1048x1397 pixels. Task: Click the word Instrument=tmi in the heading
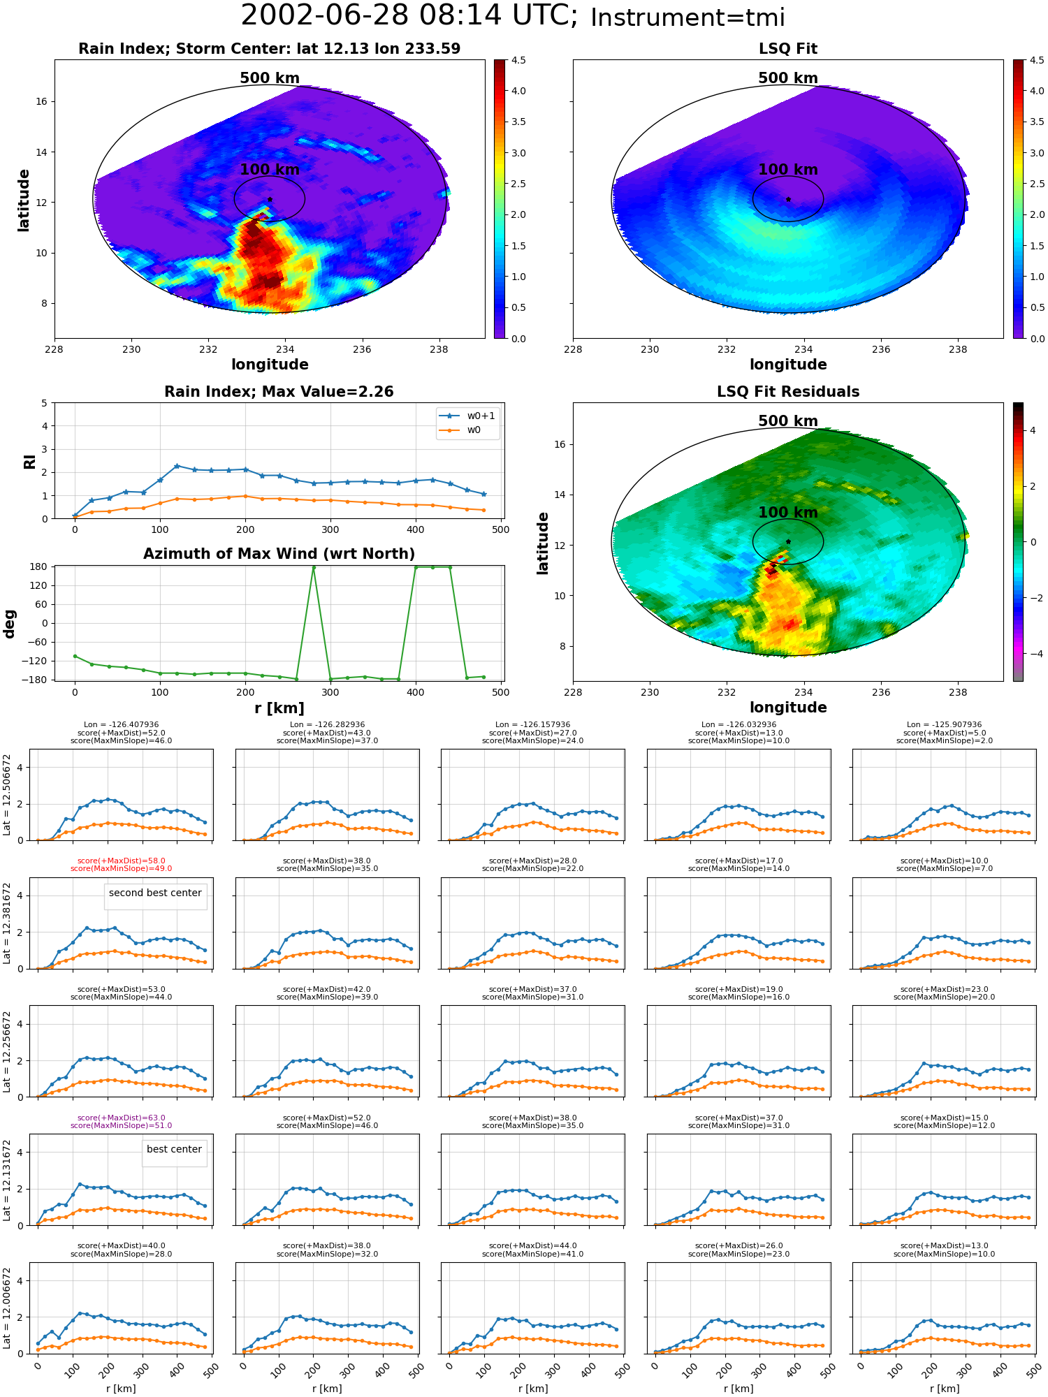pos(687,17)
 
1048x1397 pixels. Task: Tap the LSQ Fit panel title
pos(788,49)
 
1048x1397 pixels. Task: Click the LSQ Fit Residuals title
pos(788,392)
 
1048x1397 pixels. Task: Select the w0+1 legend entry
pos(468,416)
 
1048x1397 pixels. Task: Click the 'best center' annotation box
pos(174,1149)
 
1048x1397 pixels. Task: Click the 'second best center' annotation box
pos(155,893)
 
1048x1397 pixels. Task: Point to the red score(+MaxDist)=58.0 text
pos(122,861)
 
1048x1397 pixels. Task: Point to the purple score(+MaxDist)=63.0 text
pos(122,1118)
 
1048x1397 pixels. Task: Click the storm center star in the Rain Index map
pos(270,199)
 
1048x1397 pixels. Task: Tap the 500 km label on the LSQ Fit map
pos(788,78)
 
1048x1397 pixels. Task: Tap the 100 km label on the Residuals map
pos(788,513)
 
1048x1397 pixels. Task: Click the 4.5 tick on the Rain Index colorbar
pos(518,60)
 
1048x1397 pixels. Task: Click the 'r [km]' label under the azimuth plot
pos(279,708)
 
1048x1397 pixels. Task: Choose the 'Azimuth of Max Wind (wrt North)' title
pos(279,554)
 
